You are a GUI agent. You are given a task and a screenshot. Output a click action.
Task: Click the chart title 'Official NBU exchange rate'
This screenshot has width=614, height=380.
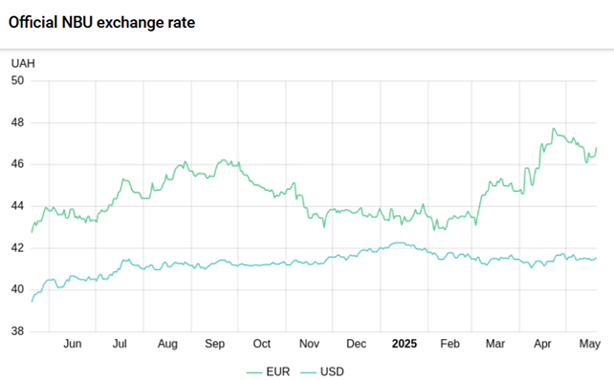pyautogui.click(x=101, y=23)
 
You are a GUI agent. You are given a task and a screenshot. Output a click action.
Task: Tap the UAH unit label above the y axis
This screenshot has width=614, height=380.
pyautogui.click(x=23, y=63)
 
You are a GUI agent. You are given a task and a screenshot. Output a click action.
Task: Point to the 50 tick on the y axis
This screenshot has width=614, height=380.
pyautogui.click(x=17, y=80)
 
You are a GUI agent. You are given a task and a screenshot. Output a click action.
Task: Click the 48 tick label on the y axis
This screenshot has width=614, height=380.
pyautogui.click(x=17, y=122)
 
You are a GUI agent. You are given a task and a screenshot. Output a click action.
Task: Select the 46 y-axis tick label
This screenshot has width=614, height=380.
pyautogui.click(x=17, y=164)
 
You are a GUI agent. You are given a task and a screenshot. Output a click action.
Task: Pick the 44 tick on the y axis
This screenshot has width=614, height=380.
pyautogui.click(x=17, y=206)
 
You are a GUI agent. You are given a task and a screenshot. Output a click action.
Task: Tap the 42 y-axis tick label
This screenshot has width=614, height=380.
pyautogui.click(x=17, y=248)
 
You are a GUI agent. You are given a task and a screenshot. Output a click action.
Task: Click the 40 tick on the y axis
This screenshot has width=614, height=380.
pyautogui.click(x=17, y=289)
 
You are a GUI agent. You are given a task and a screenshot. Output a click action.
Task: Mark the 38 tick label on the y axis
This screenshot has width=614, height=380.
pyautogui.click(x=17, y=331)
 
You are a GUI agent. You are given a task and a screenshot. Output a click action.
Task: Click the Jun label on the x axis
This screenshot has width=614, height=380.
pyautogui.click(x=73, y=344)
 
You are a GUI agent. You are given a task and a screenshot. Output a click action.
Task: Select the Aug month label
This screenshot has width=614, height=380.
pyautogui.click(x=167, y=344)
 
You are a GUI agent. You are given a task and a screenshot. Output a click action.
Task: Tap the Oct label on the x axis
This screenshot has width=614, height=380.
pyautogui.click(x=262, y=344)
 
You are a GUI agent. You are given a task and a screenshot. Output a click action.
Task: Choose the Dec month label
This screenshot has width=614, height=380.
pyautogui.click(x=357, y=344)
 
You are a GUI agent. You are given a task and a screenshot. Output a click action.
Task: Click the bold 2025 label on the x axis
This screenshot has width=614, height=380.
pyautogui.click(x=405, y=344)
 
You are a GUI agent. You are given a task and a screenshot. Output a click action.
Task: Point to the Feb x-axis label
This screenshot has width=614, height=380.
pyautogui.click(x=450, y=344)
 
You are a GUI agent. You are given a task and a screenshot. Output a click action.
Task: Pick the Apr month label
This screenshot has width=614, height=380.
pyautogui.click(x=542, y=344)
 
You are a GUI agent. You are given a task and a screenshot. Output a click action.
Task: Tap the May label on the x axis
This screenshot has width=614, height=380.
pyautogui.click(x=590, y=344)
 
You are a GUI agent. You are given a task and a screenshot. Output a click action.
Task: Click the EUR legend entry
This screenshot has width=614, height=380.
pyautogui.click(x=268, y=371)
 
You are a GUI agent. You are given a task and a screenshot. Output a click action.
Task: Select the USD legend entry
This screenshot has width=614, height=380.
pyautogui.click(x=322, y=371)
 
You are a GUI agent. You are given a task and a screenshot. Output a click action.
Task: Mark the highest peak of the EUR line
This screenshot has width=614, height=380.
pyautogui.click(x=554, y=128)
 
